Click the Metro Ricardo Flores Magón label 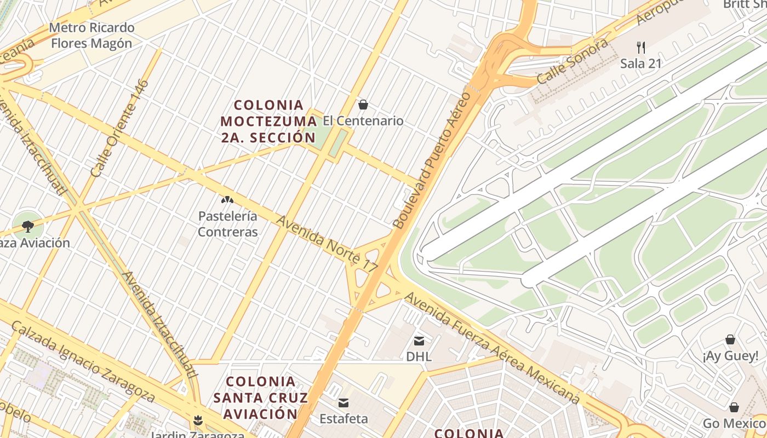click(91, 35)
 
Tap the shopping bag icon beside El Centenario click(363, 105)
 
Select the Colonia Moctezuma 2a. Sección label click(268, 121)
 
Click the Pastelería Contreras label click(227, 224)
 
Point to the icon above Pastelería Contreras click(227, 200)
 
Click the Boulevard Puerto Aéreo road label click(432, 160)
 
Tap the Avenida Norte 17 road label click(327, 244)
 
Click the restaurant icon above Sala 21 click(640, 47)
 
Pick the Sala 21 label click(640, 64)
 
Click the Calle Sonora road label click(572, 61)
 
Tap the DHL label click(419, 357)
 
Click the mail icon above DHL click(419, 341)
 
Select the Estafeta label click(344, 419)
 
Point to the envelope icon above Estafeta click(344, 404)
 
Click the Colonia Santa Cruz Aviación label click(261, 397)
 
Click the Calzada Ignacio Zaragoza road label click(83, 362)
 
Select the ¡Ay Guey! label click(730, 356)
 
